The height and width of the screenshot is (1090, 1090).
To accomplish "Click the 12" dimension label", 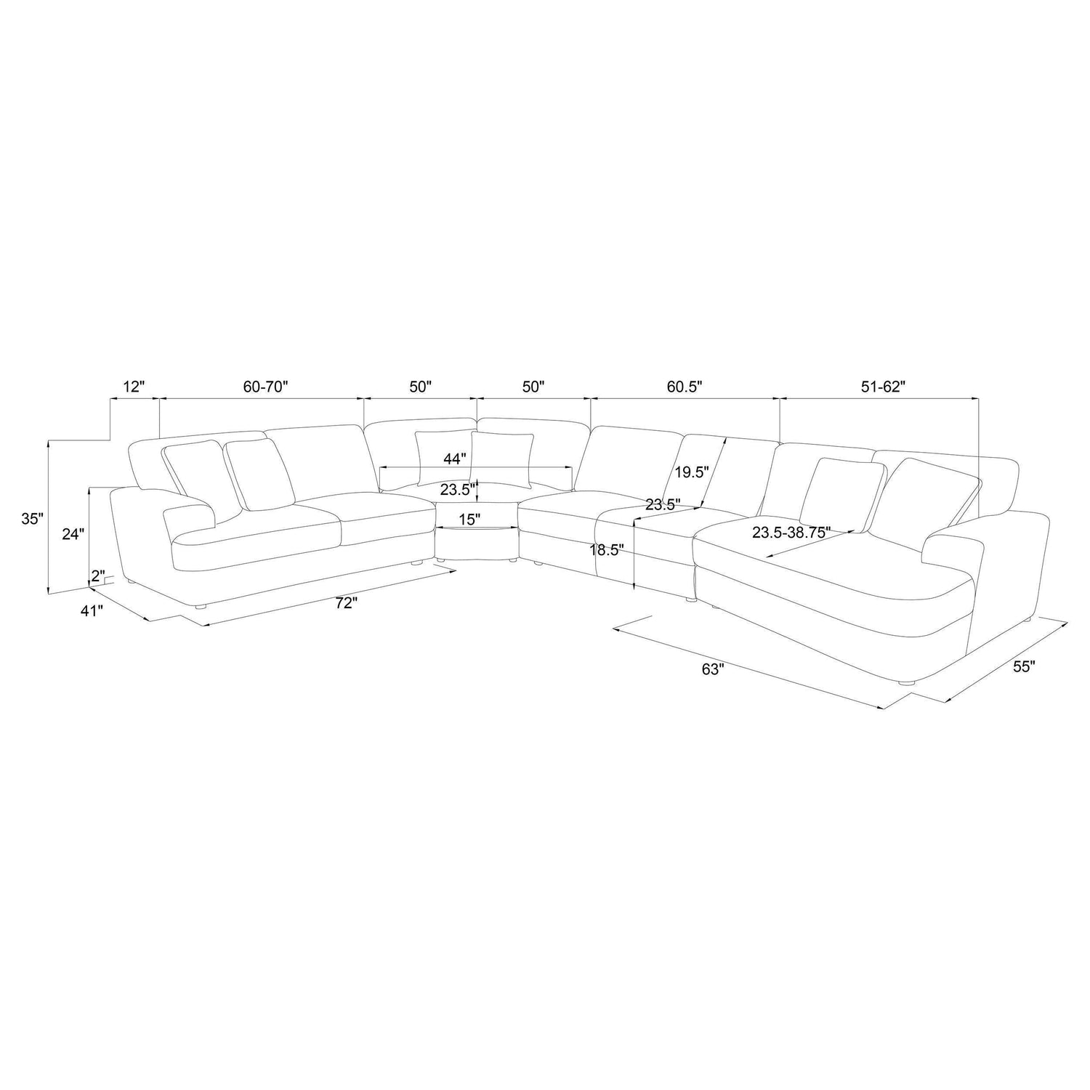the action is (x=134, y=387).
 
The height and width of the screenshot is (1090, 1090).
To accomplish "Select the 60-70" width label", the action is (x=266, y=387).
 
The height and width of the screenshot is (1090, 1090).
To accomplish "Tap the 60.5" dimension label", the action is (x=685, y=387).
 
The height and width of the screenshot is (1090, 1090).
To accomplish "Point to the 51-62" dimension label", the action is (x=881, y=387).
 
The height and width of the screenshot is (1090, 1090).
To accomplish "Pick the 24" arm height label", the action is (x=73, y=534).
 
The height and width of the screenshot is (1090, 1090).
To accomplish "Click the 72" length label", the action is (x=347, y=602).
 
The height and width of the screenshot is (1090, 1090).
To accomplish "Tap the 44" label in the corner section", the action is (x=454, y=459).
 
